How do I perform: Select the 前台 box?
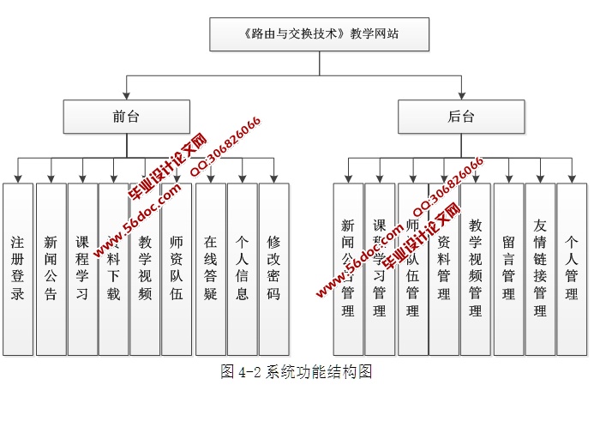125,117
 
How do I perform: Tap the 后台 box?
460,117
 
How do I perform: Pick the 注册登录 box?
18,268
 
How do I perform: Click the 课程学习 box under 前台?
82,268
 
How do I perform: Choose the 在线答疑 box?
211,268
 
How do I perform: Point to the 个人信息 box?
243,268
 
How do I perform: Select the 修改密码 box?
273,268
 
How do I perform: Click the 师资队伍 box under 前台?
177,268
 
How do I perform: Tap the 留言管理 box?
508,268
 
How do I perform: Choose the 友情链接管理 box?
540,268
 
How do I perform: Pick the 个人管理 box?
572,268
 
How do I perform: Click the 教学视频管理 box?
476,268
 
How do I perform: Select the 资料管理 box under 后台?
444,268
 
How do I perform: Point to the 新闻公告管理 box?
348,268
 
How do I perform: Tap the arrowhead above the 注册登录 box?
18,177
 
